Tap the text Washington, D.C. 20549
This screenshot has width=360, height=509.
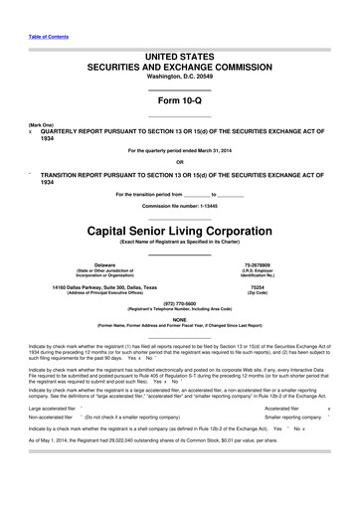click(x=179, y=76)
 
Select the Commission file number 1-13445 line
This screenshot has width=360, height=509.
click(x=179, y=205)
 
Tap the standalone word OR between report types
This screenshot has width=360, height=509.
click(x=179, y=162)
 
